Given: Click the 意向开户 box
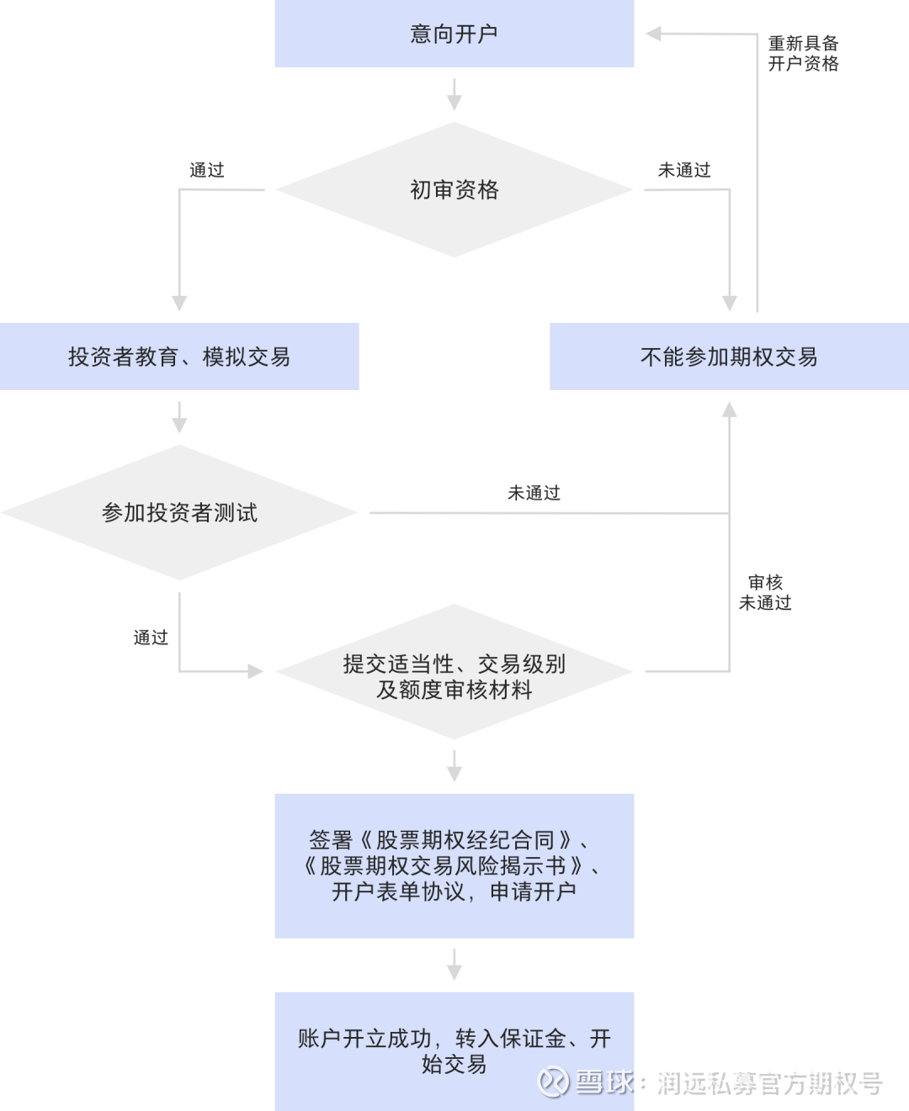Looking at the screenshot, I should [x=454, y=34].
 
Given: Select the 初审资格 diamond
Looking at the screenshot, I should [x=454, y=190].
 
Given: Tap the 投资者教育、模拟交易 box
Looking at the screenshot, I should [x=179, y=357].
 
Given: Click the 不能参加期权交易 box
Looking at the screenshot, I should [x=729, y=357].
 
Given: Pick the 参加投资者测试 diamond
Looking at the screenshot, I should [x=179, y=512].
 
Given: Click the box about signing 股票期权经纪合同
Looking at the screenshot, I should [x=454, y=865].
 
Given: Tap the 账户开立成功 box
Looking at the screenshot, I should [x=454, y=1051].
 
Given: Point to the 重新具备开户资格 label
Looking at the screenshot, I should [x=803, y=54].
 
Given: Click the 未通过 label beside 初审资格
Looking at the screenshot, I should [x=684, y=170].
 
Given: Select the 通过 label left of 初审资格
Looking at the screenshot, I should [x=207, y=170].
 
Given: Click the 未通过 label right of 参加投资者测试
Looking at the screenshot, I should [x=534, y=493].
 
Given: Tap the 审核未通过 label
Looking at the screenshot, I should [x=765, y=592].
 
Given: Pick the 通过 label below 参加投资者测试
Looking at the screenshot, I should [x=151, y=638].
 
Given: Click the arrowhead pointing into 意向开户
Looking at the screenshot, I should [x=654, y=34].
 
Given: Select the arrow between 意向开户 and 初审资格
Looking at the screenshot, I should [x=454, y=94].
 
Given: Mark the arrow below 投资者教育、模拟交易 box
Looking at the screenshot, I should [x=179, y=417].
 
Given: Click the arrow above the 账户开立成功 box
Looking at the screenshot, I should [x=454, y=965].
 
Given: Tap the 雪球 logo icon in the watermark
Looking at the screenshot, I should [x=553, y=1082].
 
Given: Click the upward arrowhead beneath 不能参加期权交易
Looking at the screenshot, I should [x=729, y=410].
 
